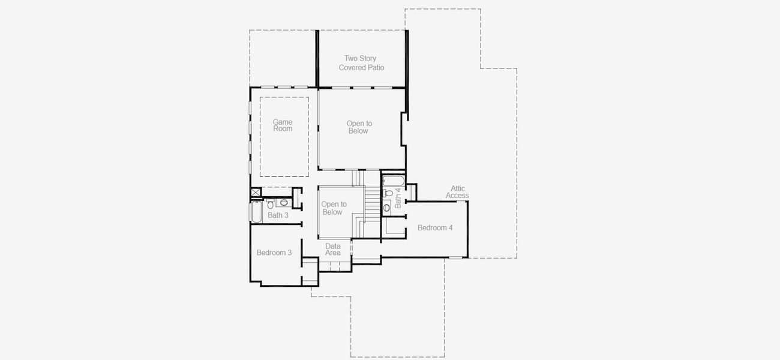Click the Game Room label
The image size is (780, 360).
pyautogui.click(x=283, y=125)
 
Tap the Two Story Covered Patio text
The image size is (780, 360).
pyautogui.click(x=361, y=63)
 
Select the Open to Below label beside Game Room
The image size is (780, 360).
pyautogui.click(x=359, y=127)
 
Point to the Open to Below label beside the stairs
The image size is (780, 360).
pyautogui.click(x=334, y=208)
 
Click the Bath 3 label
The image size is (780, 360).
pyautogui.click(x=278, y=215)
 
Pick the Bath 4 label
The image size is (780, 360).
pyautogui.click(x=398, y=197)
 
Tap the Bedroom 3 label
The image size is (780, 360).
pyautogui.click(x=274, y=253)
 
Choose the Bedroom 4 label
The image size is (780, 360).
pyautogui.click(x=435, y=228)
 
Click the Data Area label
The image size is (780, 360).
pyautogui.click(x=333, y=250)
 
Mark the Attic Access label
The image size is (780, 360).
pyautogui.click(x=457, y=192)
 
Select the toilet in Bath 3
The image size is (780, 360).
pyautogui.click(x=271, y=203)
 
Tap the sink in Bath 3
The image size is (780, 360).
pyautogui.click(x=284, y=203)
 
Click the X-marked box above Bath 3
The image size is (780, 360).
pyautogui.click(x=256, y=193)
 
